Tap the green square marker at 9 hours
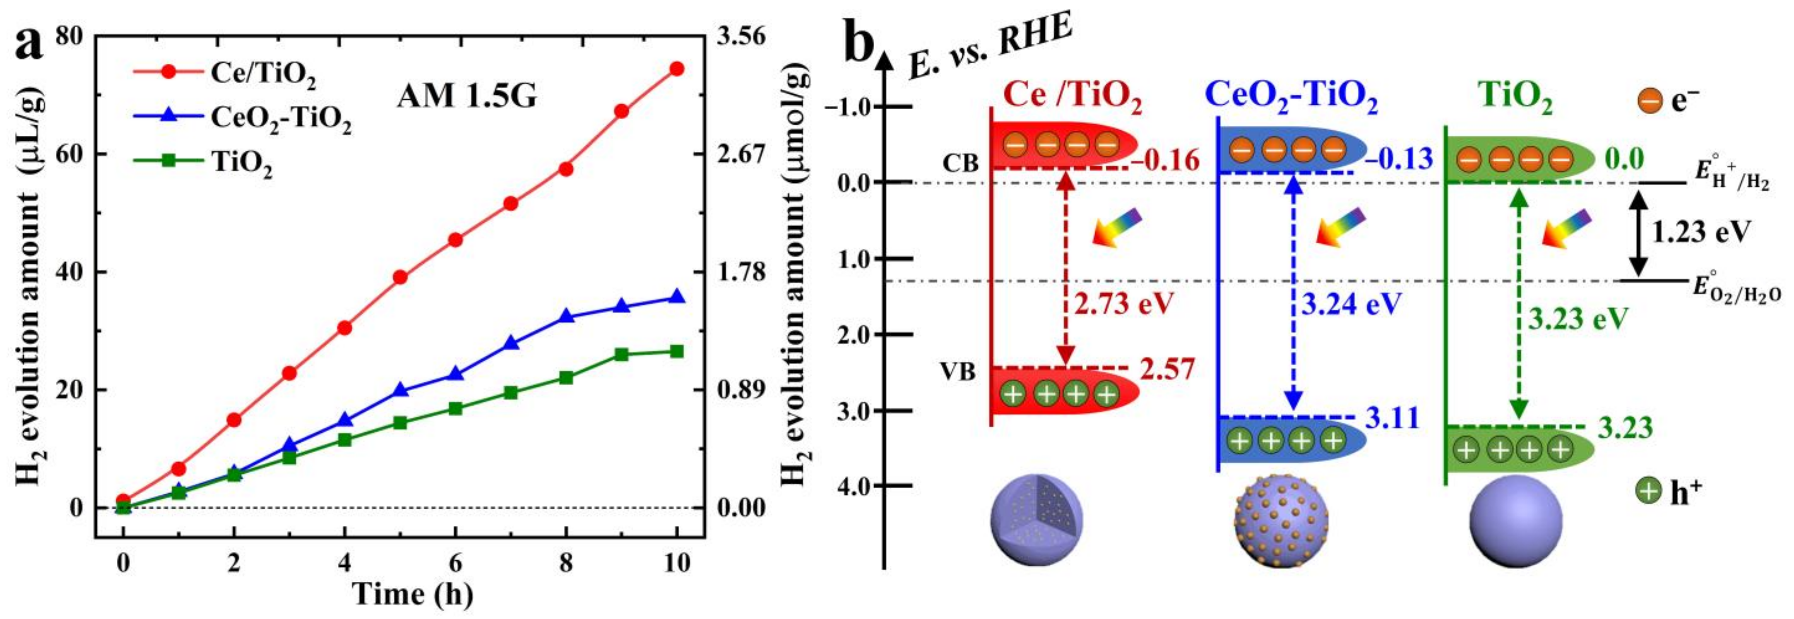tap(621, 355)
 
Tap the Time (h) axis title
tap(413, 594)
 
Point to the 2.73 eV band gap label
tap(1123, 304)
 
